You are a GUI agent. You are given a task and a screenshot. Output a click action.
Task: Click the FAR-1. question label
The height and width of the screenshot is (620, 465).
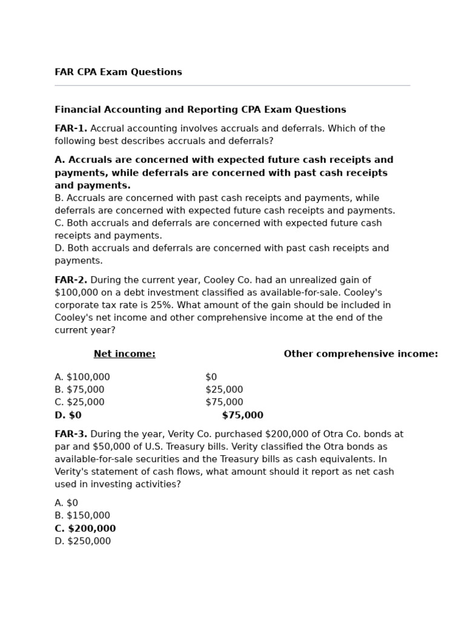coord(71,128)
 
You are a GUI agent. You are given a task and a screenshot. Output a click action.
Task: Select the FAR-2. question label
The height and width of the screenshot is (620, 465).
coord(71,280)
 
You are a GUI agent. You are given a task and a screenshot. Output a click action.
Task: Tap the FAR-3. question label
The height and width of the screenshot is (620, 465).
coord(71,434)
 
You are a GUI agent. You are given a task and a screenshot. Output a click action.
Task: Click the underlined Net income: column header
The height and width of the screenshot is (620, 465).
coord(124,354)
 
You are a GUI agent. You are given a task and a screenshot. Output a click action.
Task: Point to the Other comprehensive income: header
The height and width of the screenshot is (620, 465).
coord(360,354)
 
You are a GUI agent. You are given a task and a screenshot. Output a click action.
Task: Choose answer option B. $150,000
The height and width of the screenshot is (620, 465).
coord(82,516)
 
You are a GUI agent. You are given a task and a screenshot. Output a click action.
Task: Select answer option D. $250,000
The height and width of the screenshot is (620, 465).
coord(82,541)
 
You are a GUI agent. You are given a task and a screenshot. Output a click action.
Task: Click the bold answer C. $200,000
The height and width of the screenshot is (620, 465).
coord(85,529)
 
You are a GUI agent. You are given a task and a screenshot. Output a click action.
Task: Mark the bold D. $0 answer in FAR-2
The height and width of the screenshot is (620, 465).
coord(68,415)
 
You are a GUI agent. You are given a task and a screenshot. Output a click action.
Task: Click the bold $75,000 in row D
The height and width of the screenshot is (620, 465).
coord(242,415)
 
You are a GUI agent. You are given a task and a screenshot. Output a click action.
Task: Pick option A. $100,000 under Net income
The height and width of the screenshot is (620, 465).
coord(82,377)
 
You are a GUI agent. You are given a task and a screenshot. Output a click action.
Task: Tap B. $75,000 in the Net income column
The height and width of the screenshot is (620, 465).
coord(79,390)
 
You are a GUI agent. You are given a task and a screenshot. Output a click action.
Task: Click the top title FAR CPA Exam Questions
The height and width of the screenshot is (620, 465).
coord(118,72)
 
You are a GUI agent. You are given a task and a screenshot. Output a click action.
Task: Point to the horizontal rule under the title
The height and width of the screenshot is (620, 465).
coord(232,85)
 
